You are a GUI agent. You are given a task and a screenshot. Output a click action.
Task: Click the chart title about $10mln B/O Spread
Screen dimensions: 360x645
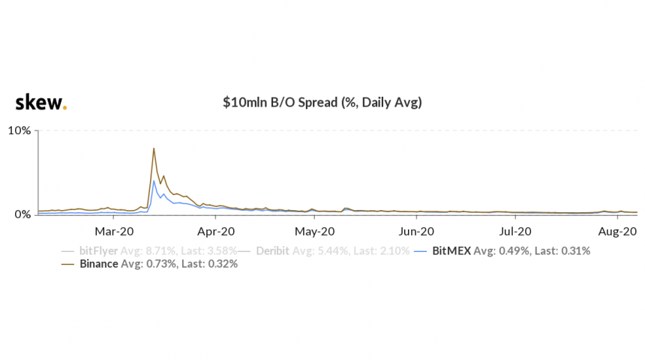[322, 103]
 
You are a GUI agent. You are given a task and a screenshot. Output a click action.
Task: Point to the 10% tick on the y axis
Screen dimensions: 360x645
[19, 130]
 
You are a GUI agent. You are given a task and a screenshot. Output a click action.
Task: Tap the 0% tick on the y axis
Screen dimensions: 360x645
[22, 214]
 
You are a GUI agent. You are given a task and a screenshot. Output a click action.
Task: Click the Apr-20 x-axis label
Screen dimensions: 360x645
[218, 232]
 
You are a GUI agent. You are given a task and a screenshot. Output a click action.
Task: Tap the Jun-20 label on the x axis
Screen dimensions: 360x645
[417, 232]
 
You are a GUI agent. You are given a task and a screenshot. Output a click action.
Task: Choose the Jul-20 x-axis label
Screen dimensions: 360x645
[516, 232]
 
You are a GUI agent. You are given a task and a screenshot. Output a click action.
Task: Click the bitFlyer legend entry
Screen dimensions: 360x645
[98, 250]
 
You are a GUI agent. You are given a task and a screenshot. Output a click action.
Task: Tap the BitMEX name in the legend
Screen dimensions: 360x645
[451, 250]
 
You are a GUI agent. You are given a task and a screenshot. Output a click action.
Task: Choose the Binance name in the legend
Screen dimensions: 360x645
[99, 264]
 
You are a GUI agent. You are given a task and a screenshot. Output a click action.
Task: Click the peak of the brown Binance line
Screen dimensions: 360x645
[154, 148]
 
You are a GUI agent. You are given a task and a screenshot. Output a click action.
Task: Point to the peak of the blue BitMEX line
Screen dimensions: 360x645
[154, 181]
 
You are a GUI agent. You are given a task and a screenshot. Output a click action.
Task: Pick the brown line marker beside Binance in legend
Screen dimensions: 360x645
[68, 264]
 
